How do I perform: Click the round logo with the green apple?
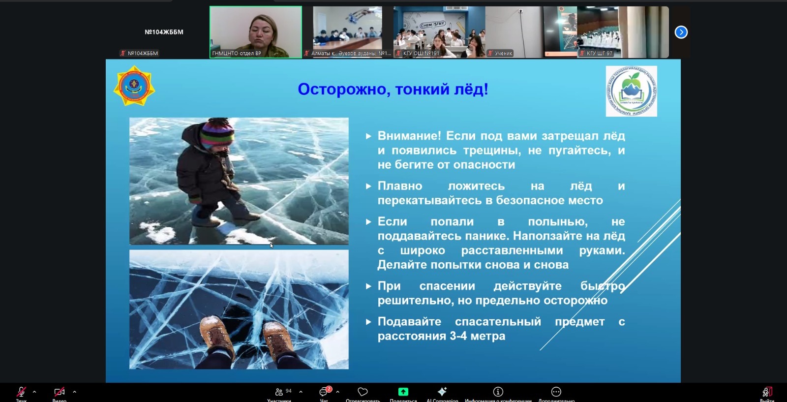(631, 92)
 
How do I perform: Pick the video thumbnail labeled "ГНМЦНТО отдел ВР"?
(256, 32)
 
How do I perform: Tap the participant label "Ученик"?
(503, 53)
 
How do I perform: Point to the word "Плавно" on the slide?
(400, 186)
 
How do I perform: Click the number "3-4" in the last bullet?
(458, 336)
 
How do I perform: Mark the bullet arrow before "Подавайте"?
(368, 322)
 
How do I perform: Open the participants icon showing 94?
(280, 392)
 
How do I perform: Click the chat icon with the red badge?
(324, 392)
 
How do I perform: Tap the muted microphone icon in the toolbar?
(21, 392)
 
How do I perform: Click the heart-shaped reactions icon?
(363, 392)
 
